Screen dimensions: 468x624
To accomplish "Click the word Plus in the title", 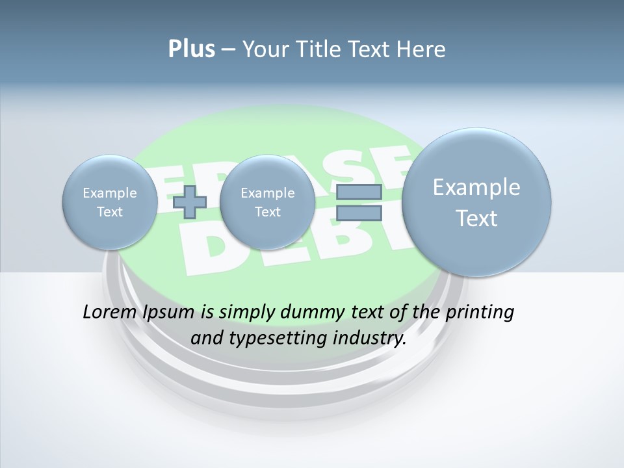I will pyautogui.click(x=191, y=49).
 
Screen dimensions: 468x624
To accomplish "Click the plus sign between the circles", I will pyautogui.click(x=190, y=201).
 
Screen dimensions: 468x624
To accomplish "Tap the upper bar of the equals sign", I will pyautogui.click(x=359, y=192).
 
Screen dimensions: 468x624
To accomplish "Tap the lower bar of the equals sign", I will pyautogui.click(x=359, y=213).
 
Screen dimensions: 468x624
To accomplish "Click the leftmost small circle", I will pyautogui.click(x=109, y=202).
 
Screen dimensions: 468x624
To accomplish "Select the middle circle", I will pyautogui.click(x=267, y=202).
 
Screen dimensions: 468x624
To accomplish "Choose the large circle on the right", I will pyautogui.click(x=476, y=202).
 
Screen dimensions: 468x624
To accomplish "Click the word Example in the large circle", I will pyautogui.click(x=476, y=187).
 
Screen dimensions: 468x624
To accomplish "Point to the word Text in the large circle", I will pyautogui.click(x=476, y=218).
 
